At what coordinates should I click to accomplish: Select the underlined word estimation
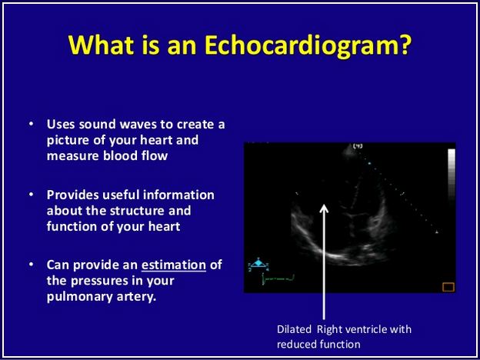point(174,265)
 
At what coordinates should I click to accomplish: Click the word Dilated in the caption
point(294,329)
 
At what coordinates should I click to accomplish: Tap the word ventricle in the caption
point(365,329)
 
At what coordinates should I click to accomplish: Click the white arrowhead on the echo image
point(324,208)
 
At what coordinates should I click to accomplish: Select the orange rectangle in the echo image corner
point(448,287)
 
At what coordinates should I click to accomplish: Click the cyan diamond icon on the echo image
point(259,262)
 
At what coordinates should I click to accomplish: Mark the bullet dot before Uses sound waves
point(31,125)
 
